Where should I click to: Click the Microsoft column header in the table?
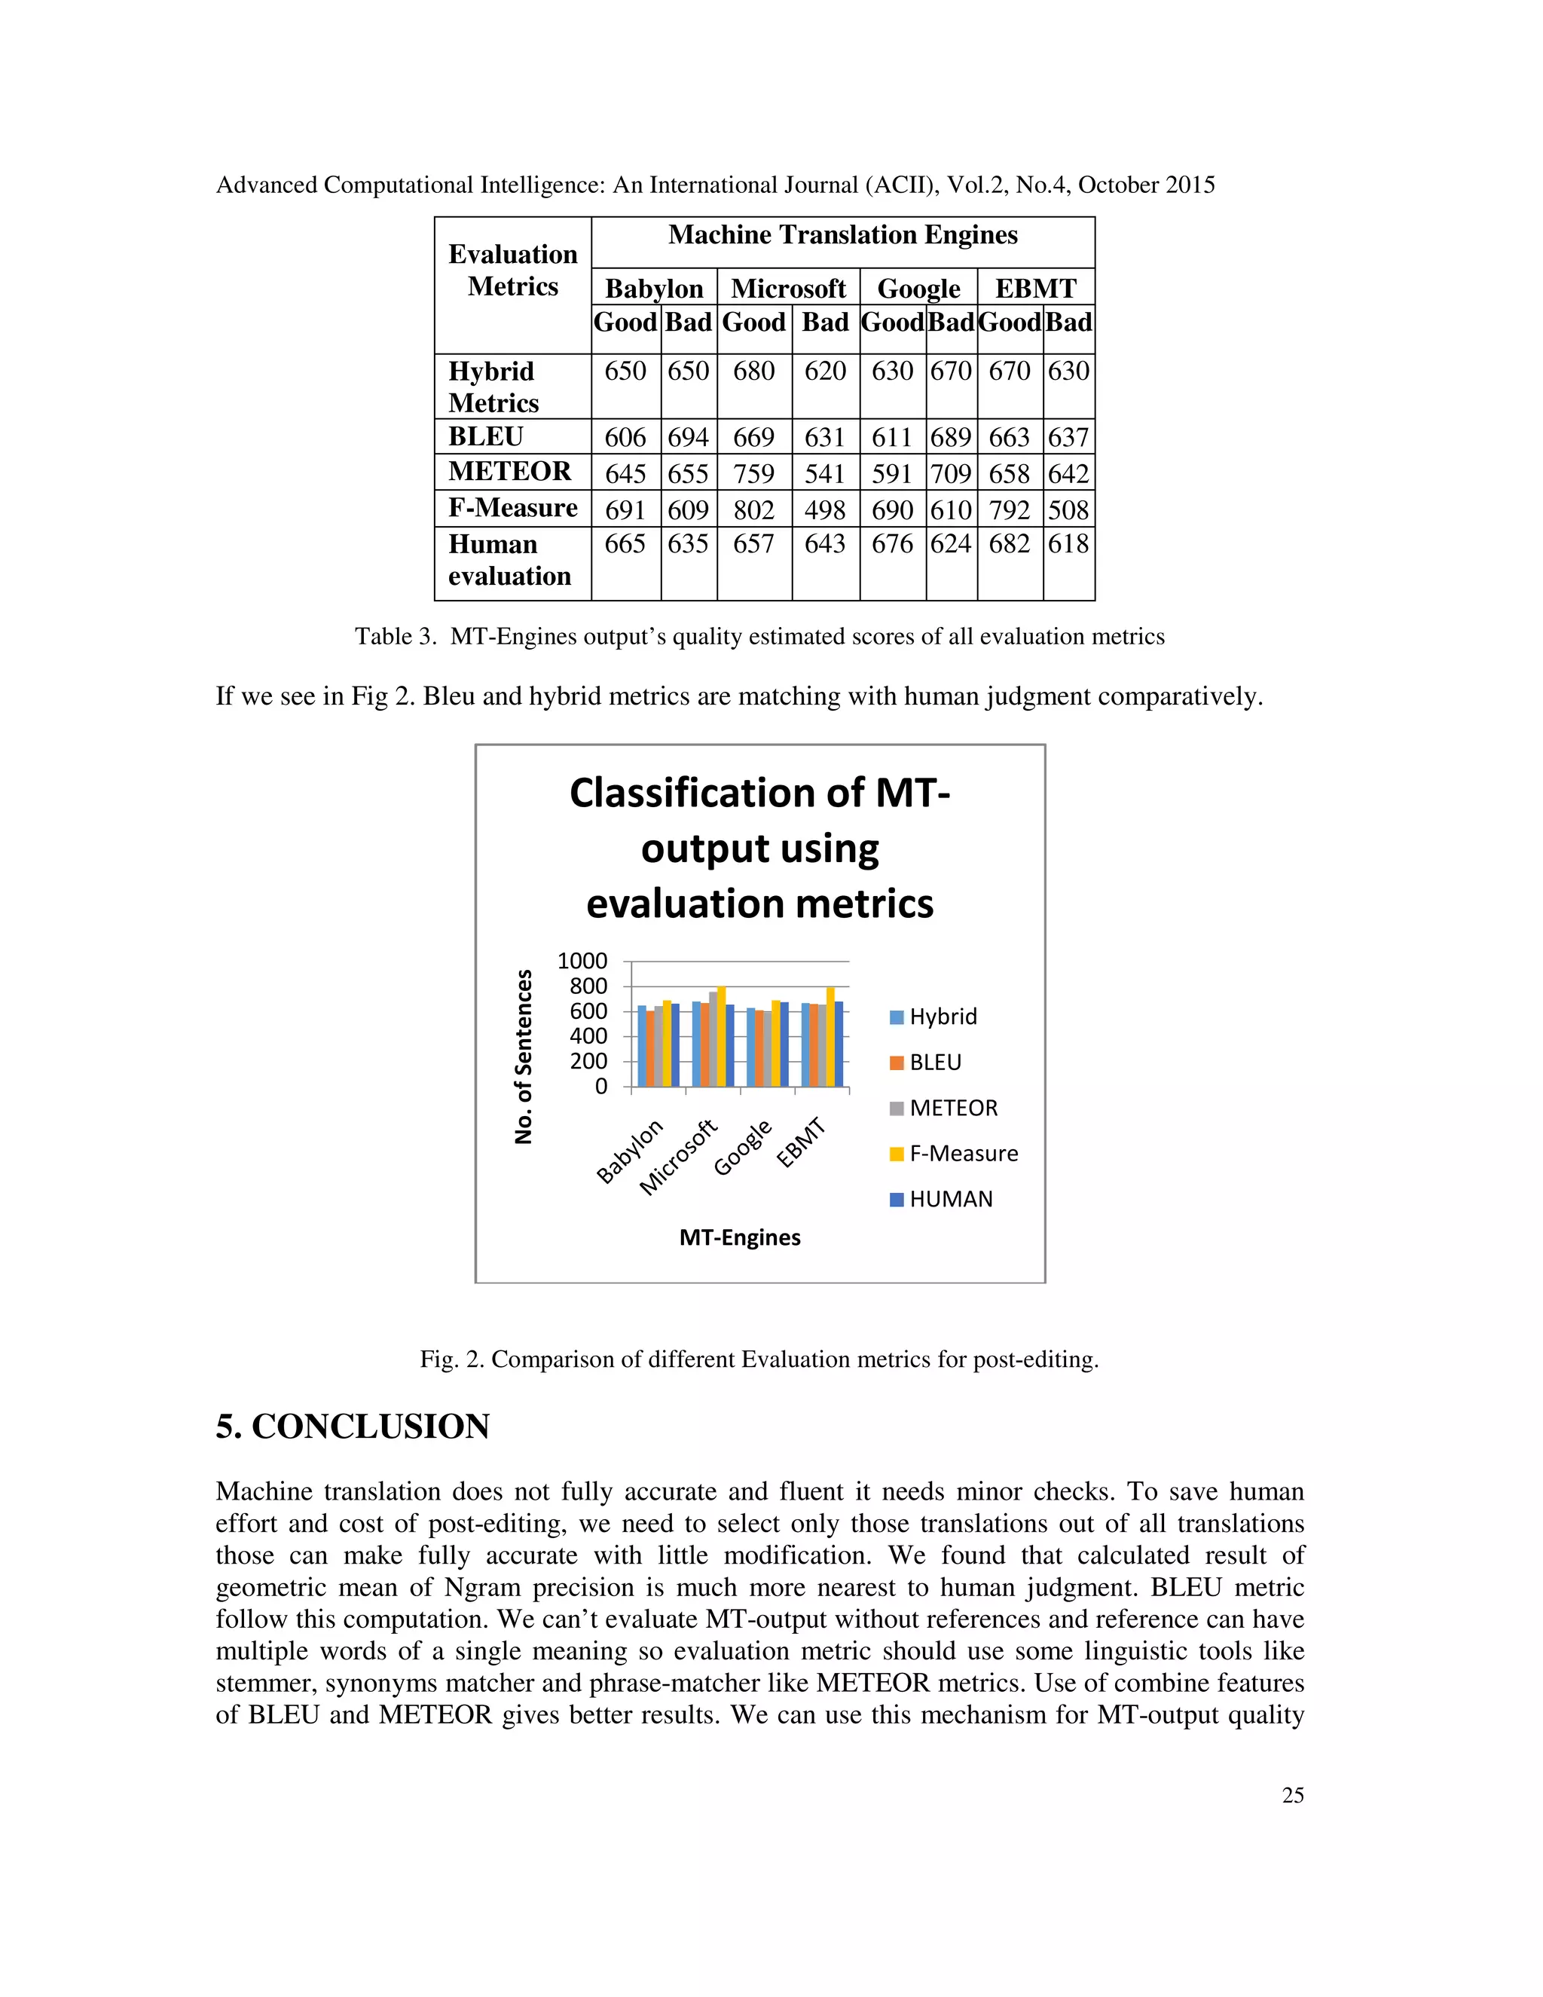click(788, 288)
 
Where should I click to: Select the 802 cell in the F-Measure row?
click(753, 510)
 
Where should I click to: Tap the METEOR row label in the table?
click(509, 472)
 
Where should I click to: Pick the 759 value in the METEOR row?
click(753, 474)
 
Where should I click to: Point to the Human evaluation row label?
click(509, 561)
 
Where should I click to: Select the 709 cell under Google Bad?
click(951, 474)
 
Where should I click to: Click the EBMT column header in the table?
click(1036, 288)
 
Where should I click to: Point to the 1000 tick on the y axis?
click(582, 961)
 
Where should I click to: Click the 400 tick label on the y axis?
click(588, 1036)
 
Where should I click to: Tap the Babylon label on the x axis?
click(629, 1152)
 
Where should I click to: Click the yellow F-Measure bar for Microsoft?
click(721, 1037)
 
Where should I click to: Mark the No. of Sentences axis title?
click(524, 1056)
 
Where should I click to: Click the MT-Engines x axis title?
click(740, 1237)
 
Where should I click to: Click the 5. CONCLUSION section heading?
click(353, 1427)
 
